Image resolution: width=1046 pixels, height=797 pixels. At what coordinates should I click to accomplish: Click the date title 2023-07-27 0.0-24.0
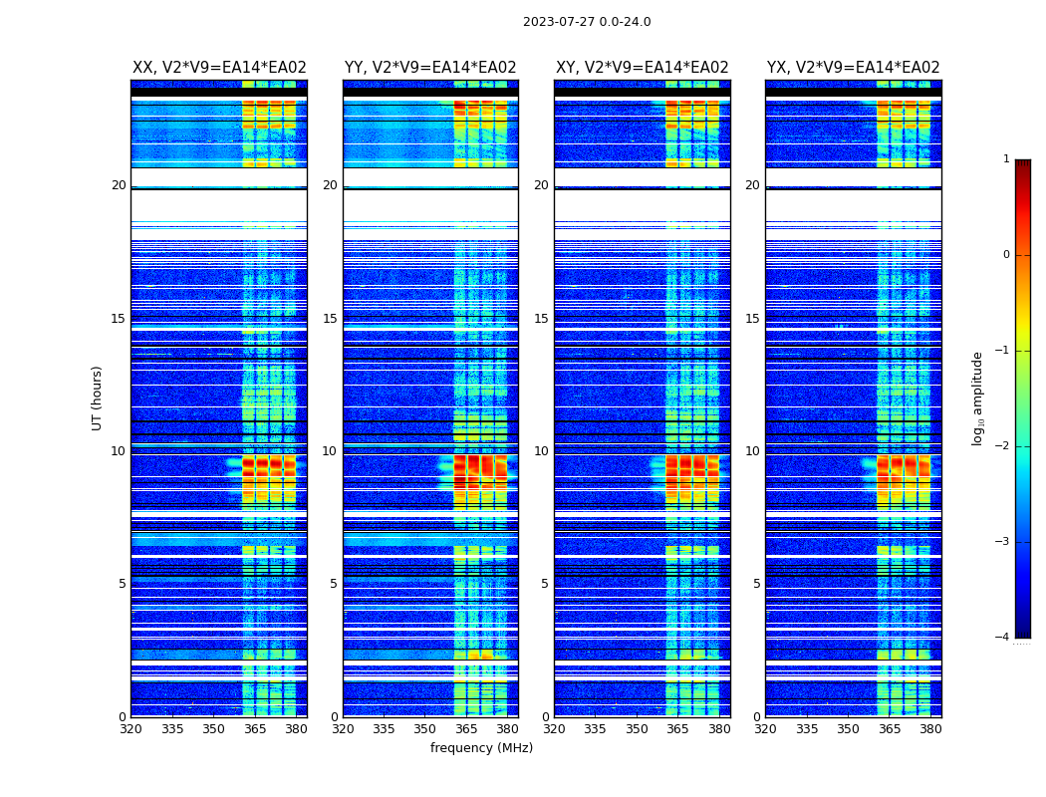(x=587, y=22)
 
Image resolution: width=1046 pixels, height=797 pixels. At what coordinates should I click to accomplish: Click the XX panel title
(x=219, y=68)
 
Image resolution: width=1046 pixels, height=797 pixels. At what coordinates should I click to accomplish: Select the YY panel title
(x=430, y=68)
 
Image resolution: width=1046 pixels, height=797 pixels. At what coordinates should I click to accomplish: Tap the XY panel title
(x=643, y=68)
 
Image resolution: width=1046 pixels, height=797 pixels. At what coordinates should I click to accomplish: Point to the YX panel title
(x=854, y=68)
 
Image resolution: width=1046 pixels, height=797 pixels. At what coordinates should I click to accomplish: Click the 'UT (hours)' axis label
(x=98, y=398)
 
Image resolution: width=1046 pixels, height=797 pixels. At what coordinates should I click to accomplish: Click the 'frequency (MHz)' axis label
(x=481, y=748)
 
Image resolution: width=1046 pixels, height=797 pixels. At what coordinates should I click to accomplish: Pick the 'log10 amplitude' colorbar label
(x=978, y=398)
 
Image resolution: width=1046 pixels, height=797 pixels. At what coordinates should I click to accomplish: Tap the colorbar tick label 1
(x=1005, y=159)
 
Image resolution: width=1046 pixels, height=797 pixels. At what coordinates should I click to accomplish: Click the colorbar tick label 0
(x=1005, y=255)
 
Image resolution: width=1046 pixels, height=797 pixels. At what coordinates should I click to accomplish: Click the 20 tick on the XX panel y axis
(x=119, y=185)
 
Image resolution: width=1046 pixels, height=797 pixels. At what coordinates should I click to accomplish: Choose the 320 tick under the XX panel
(x=131, y=729)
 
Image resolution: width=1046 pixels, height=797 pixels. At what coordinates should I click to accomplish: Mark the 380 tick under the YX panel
(x=930, y=729)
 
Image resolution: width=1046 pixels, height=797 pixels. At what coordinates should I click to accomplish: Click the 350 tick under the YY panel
(x=425, y=729)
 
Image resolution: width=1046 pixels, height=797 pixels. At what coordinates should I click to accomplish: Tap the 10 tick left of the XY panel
(x=541, y=451)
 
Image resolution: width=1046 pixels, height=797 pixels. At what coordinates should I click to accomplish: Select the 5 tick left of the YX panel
(x=756, y=584)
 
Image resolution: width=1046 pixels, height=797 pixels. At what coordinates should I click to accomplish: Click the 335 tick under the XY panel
(x=595, y=729)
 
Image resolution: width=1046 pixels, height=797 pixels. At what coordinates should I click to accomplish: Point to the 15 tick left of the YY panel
(x=330, y=319)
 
